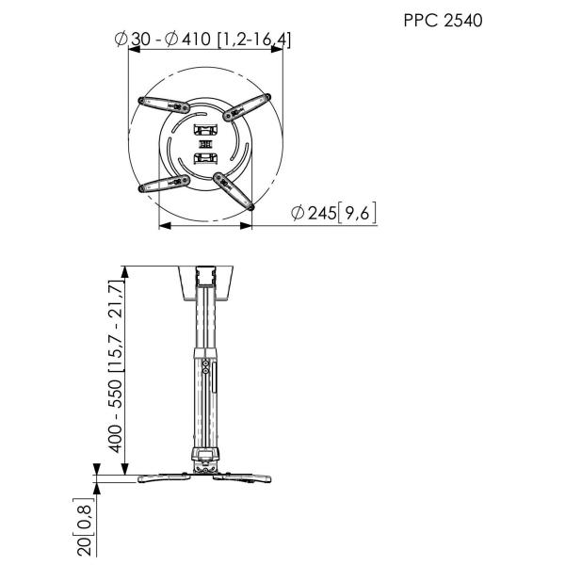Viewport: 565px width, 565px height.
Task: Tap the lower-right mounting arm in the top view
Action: pyautogui.click(x=234, y=188)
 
